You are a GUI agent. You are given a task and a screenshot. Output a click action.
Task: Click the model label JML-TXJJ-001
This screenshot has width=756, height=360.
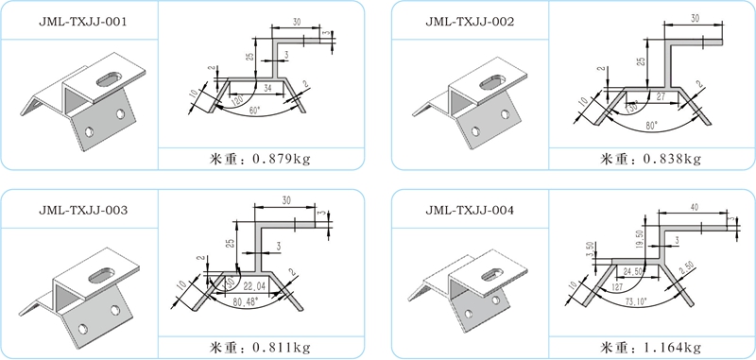tap(77, 21)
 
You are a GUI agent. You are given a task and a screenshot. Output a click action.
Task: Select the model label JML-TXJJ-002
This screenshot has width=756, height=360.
tap(470, 21)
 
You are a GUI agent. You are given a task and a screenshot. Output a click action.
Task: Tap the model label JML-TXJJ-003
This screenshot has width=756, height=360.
tap(77, 209)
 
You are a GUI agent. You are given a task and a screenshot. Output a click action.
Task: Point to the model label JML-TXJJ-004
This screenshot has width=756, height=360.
tap(470, 209)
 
